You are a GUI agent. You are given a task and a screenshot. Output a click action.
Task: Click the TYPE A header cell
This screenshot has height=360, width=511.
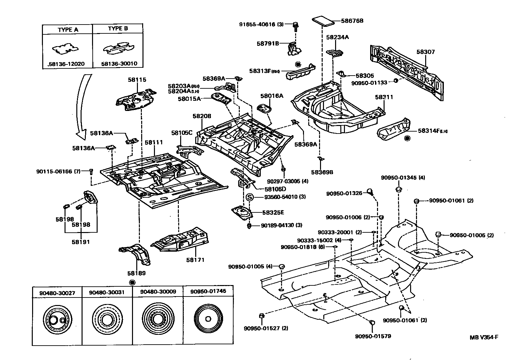68,29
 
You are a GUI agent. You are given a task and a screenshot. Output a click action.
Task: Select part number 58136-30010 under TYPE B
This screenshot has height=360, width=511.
119,64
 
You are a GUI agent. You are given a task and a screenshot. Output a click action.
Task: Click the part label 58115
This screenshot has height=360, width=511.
137,80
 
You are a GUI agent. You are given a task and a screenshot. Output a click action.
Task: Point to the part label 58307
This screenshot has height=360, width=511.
426,52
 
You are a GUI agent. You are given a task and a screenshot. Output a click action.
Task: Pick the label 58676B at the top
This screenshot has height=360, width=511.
352,21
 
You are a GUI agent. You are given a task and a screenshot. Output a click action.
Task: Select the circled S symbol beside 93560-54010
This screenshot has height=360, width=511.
250,197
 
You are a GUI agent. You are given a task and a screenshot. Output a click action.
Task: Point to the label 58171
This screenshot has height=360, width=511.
195,260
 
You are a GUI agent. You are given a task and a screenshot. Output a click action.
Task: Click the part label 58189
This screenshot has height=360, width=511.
137,273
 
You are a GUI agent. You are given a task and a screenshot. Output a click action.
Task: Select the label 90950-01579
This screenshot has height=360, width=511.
373,336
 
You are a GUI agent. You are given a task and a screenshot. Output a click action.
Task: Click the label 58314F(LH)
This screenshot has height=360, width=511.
432,131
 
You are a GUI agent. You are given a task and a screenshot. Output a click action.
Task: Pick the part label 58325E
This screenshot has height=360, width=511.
273,212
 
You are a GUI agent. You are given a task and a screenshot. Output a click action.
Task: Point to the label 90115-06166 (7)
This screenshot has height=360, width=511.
58,171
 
